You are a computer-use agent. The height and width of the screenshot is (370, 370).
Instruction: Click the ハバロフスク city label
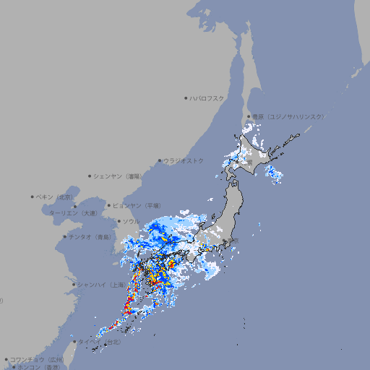(x=207, y=98)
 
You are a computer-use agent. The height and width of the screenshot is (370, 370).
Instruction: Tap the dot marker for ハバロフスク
(x=186, y=98)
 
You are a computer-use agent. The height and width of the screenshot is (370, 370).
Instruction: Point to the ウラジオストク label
(x=184, y=160)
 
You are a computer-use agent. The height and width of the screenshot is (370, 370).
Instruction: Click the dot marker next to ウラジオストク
(x=160, y=160)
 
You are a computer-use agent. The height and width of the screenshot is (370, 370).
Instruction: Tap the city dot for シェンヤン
(x=90, y=176)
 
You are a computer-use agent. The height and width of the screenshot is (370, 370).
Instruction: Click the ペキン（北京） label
(x=56, y=197)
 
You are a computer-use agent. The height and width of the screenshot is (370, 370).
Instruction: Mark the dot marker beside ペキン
(x=33, y=197)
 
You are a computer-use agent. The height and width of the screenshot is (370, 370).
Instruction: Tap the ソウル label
(x=131, y=221)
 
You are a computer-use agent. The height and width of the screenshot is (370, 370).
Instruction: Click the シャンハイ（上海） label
(x=100, y=284)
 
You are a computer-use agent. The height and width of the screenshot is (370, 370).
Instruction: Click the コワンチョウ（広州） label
(x=37, y=359)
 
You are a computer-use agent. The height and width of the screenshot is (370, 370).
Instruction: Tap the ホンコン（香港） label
(x=38, y=367)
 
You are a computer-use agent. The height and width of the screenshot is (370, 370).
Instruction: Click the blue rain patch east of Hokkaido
(x=274, y=173)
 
